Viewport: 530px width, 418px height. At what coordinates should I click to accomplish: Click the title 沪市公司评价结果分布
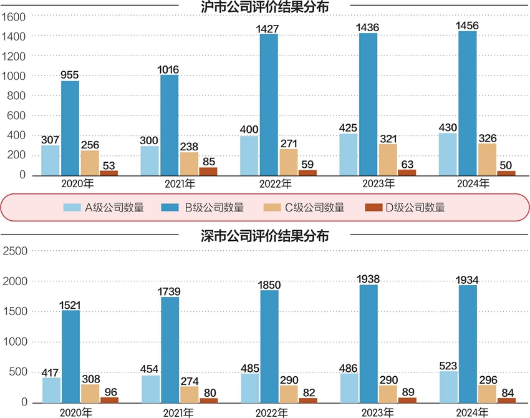click(264, 7)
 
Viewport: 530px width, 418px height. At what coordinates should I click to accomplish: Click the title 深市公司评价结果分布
click(264, 236)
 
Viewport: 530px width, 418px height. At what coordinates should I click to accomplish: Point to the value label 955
click(70, 74)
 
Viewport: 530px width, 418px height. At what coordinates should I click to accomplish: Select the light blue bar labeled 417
click(52, 390)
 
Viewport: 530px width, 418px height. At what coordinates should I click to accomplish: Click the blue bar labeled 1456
click(468, 103)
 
